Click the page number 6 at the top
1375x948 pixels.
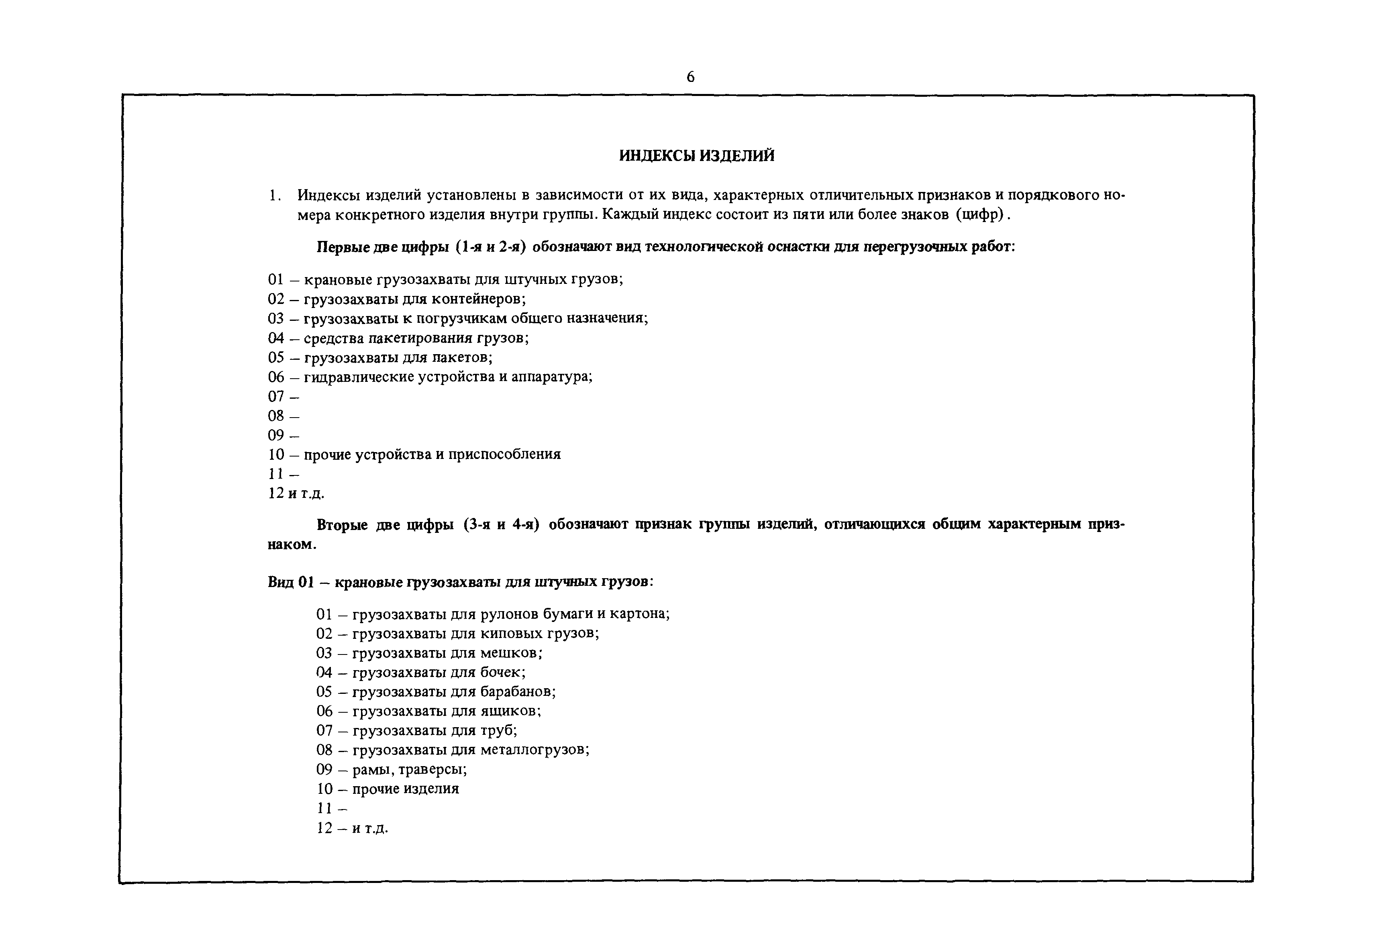point(690,77)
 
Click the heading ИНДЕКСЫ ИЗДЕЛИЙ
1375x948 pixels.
point(697,156)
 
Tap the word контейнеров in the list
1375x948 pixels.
point(477,299)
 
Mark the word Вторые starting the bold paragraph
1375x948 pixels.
point(342,525)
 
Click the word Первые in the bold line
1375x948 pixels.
point(342,247)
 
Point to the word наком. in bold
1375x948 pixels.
point(292,545)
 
